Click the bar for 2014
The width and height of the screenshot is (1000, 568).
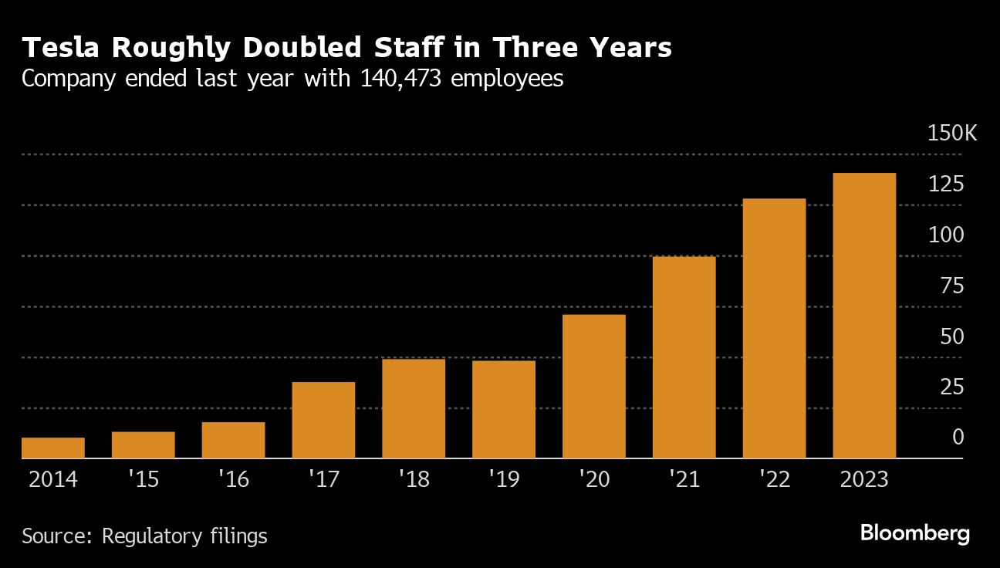click(53, 448)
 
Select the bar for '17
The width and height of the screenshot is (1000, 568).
click(323, 420)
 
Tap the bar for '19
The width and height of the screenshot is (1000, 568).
click(504, 410)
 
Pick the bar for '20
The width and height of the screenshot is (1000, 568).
click(594, 387)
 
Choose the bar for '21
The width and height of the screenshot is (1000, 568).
click(684, 357)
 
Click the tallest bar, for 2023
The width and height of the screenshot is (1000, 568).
click(864, 316)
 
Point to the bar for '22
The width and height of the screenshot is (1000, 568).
click(774, 329)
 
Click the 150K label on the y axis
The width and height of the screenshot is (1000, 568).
click(952, 134)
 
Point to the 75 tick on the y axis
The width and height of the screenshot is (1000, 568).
click(953, 286)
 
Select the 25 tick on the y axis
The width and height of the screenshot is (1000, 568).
click(953, 387)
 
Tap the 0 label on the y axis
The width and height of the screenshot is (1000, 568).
click(958, 438)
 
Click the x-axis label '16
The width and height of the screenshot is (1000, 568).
click(233, 479)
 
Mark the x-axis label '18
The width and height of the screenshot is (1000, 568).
click(414, 479)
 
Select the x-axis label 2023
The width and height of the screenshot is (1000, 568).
click(863, 479)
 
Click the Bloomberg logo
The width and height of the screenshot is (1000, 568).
click(914, 533)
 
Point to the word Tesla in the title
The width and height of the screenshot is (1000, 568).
click(64, 48)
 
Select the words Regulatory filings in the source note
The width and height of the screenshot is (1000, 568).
click(184, 536)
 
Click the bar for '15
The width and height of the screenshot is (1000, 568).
click(144, 445)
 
